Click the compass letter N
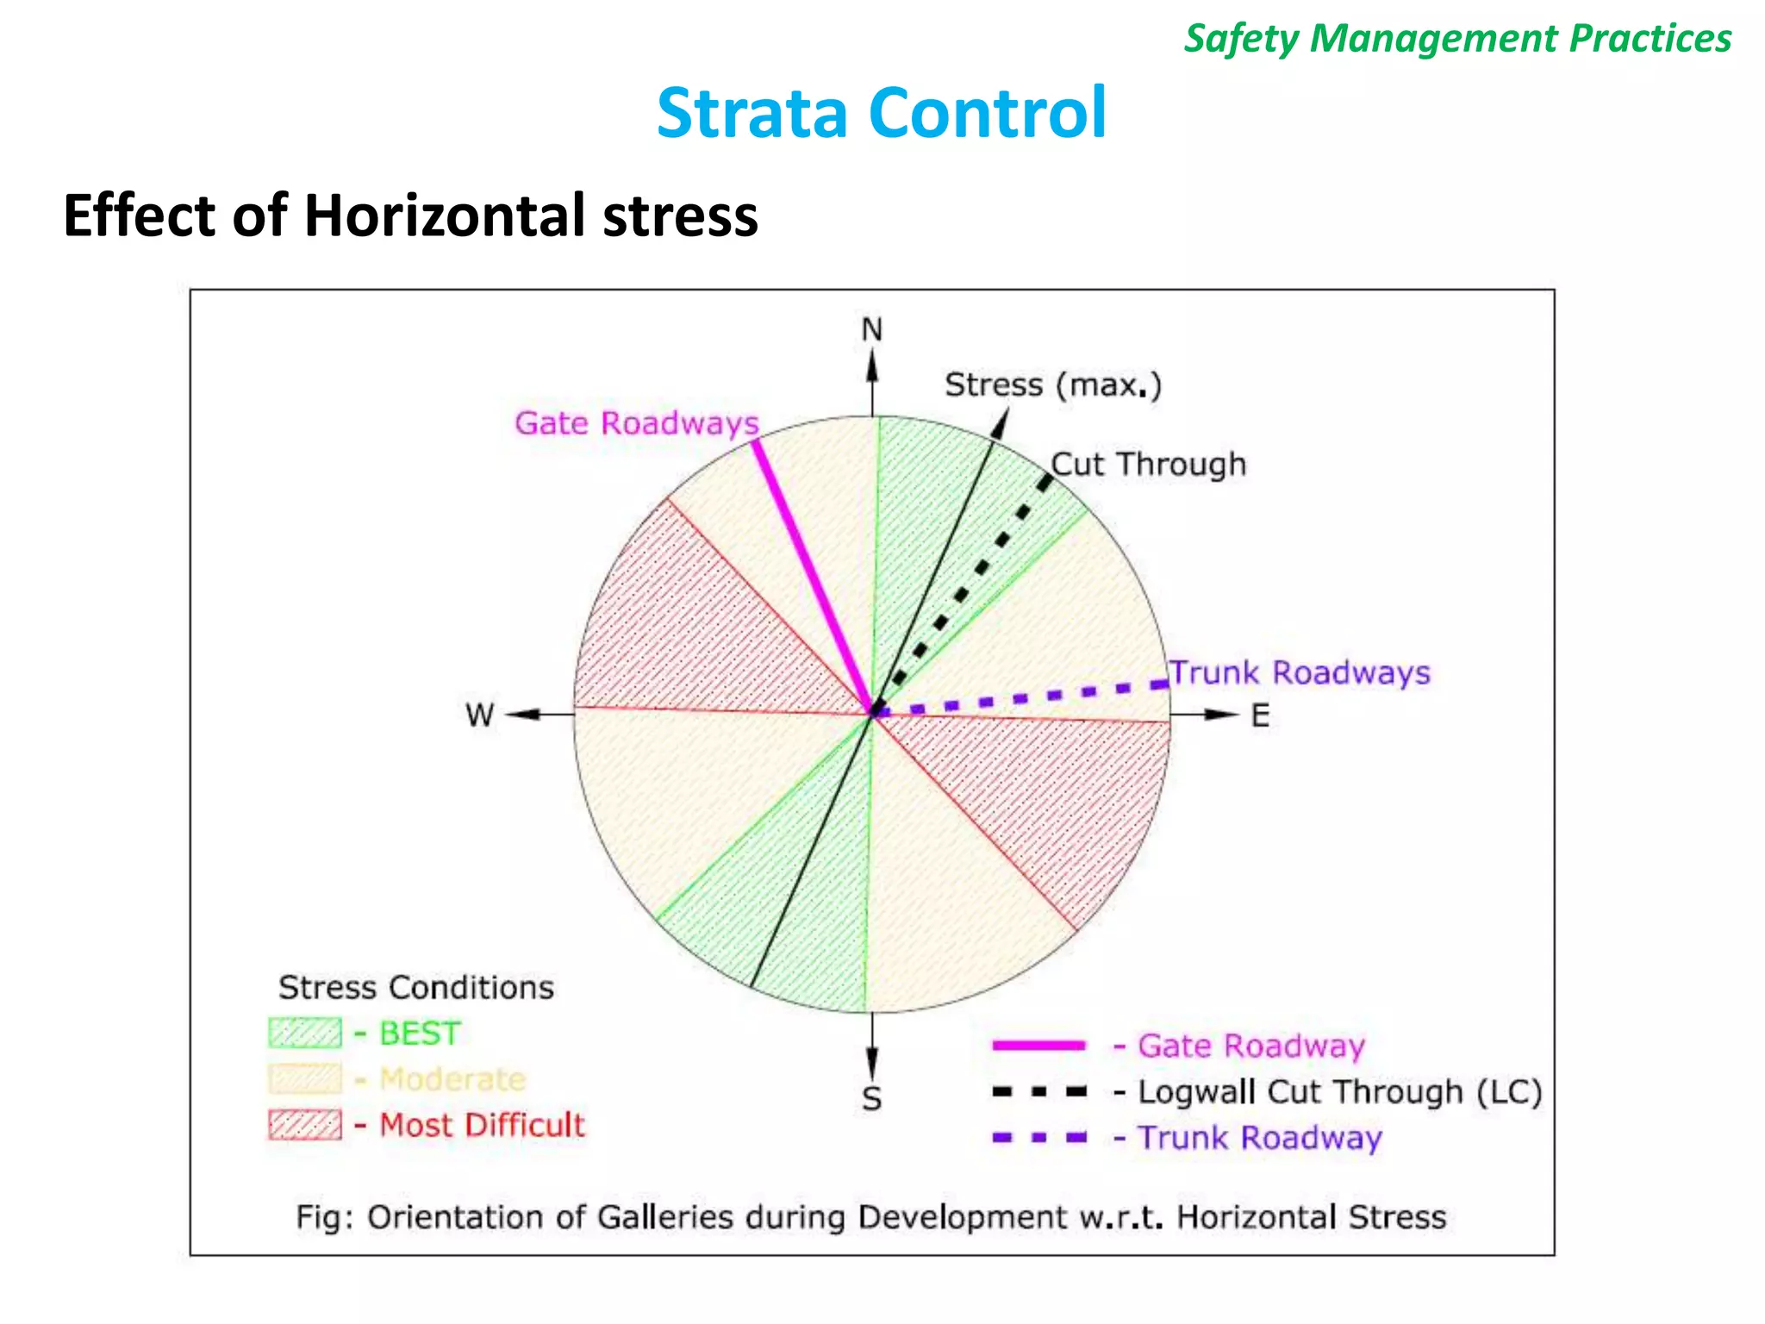pyautogui.click(x=872, y=330)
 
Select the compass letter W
pyautogui.click(x=479, y=715)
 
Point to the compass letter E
pyautogui.click(x=1260, y=715)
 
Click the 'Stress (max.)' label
pyautogui.click(x=1053, y=385)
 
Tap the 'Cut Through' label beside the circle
pyautogui.click(x=1149, y=465)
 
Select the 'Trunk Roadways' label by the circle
pyautogui.click(x=1300, y=673)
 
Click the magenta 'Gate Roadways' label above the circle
pyautogui.click(x=637, y=423)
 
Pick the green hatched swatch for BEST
pyautogui.click(x=304, y=1033)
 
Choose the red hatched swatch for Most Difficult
pyautogui.click(x=304, y=1125)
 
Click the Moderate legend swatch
pyautogui.click(x=304, y=1078)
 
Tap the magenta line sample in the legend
pyautogui.click(x=1038, y=1046)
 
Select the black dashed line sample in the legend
pyautogui.click(x=1038, y=1092)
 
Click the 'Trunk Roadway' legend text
pyautogui.click(x=1259, y=1138)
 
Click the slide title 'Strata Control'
pyautogui.click(x=881, y=113)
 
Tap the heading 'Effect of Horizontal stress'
pyautogui.click(x=410, y=215)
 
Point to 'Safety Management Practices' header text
pyautogui.click(x=1457, y=39)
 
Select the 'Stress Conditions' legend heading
pyautogui.click(x=415, y=988)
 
